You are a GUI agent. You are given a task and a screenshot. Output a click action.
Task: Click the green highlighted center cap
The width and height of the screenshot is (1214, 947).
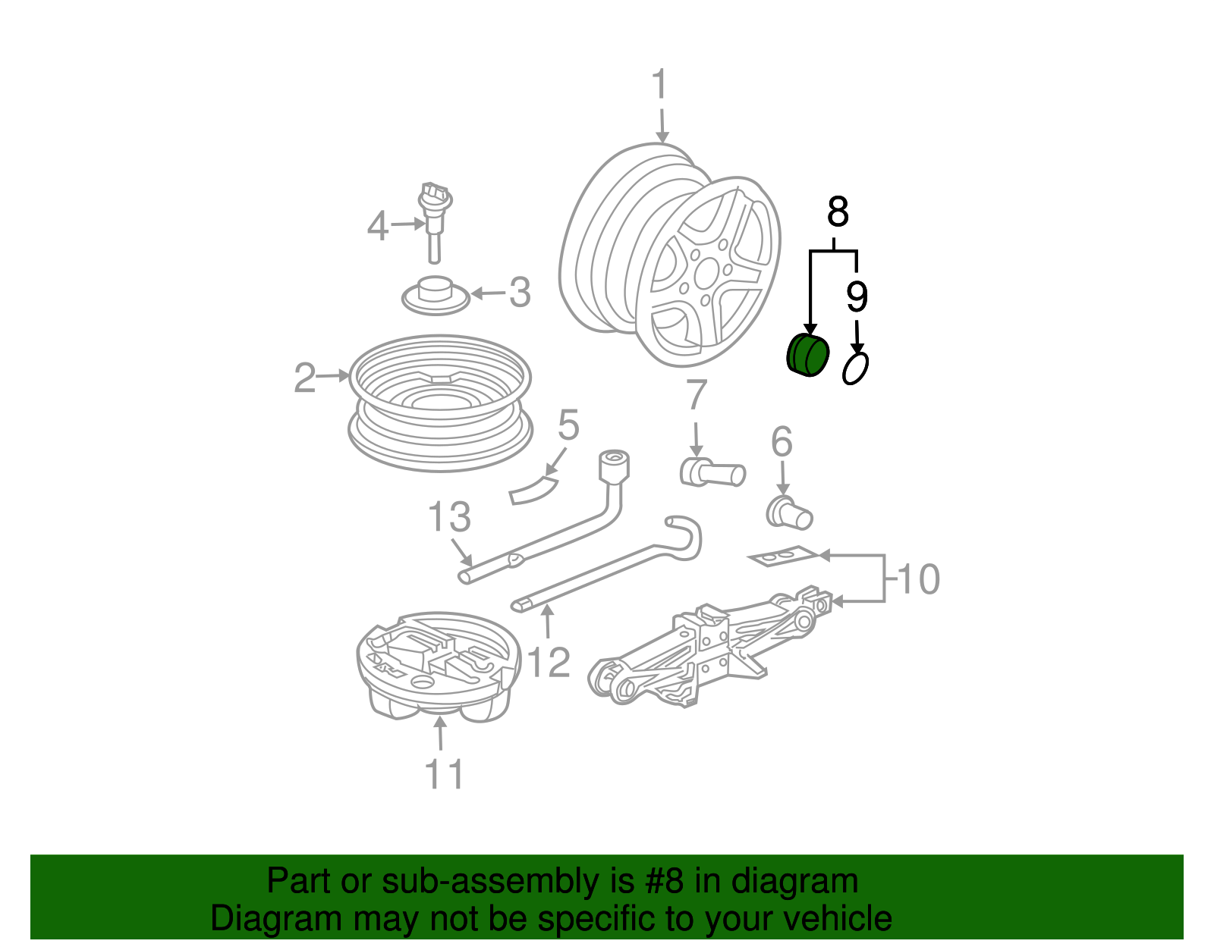[x=806, y=356]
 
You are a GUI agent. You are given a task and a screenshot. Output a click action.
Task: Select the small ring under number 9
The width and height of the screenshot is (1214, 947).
[x=856, y=368]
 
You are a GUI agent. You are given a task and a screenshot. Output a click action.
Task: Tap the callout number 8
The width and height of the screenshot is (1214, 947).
[x=838, y=212]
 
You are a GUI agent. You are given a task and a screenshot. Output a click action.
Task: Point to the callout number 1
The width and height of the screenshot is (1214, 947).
[x=659, y=84]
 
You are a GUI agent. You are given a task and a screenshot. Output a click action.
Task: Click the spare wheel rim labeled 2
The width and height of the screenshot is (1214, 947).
[x=440, y=402]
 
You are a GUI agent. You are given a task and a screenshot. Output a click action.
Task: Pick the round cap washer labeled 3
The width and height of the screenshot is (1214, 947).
[x=436, y=295]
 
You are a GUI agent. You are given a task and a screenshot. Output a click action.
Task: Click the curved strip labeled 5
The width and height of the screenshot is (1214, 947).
[x=533, y=490]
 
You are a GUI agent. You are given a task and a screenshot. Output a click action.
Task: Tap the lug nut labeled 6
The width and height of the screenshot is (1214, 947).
[x=790, y=514]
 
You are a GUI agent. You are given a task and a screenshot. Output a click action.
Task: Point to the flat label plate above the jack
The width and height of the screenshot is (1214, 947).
[x=784, y=557]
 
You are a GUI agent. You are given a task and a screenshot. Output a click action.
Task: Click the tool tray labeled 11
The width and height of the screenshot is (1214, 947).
[x=439, y=667]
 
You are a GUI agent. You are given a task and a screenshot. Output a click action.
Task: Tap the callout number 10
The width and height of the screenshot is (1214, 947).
[x=919, y=579]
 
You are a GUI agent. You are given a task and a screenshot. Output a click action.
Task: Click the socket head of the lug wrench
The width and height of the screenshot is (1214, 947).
[x=614, y=466]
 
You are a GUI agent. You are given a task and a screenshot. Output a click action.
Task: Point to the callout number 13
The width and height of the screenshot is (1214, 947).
[x=449, y=517]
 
